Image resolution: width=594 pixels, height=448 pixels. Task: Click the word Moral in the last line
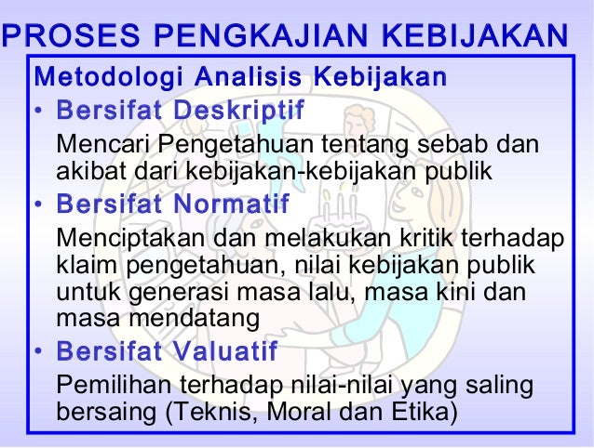point(283,410)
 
